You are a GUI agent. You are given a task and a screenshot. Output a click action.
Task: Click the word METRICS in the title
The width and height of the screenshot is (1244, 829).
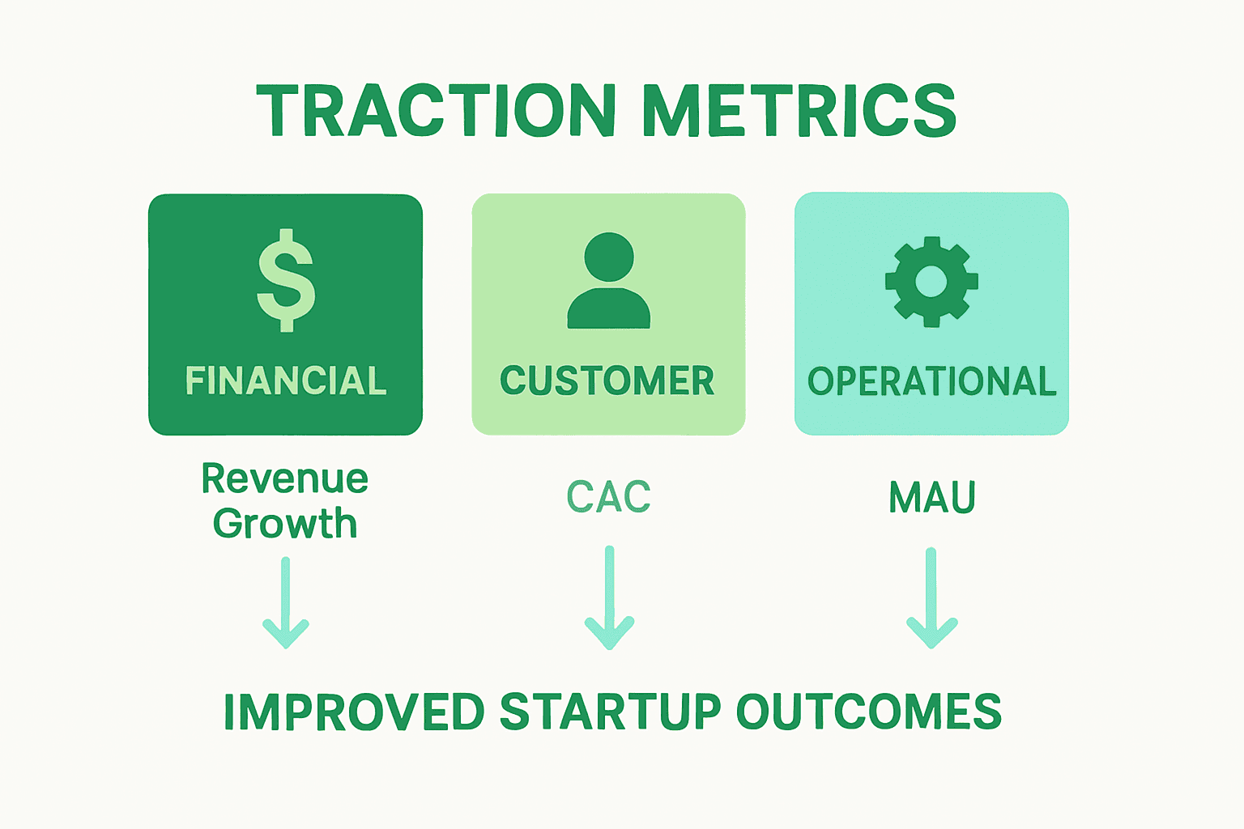(799, 111)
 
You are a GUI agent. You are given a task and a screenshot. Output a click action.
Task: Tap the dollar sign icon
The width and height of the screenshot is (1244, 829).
(285, 281)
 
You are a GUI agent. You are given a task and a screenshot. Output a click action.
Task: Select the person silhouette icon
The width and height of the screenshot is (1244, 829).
(608, 282)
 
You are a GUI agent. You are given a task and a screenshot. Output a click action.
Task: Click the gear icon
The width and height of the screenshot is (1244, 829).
(931, 282)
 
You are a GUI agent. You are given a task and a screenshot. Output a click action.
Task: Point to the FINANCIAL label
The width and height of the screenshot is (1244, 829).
(286, 380)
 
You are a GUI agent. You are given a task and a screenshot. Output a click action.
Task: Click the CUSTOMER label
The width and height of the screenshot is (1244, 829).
(607, 380)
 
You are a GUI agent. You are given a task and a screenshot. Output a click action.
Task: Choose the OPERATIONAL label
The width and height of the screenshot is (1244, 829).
(931, 381)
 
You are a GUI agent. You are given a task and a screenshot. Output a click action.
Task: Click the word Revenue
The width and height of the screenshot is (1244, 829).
(285, 478)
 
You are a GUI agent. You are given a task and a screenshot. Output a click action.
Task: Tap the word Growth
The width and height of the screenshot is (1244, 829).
(285, 524)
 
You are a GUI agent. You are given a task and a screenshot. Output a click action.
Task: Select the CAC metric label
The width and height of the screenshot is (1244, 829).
(608, 497)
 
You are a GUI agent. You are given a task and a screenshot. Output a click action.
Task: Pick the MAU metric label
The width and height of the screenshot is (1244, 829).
(932, 497)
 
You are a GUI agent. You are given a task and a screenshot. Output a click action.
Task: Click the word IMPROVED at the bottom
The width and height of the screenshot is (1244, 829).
(354, 712)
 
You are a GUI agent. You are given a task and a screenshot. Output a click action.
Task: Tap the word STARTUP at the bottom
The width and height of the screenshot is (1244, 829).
(610, 712)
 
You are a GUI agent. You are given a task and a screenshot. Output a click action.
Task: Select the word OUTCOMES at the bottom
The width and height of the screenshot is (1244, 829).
(868, 712)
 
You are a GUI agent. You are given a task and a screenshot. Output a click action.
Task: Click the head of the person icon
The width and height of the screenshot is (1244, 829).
(608, 257)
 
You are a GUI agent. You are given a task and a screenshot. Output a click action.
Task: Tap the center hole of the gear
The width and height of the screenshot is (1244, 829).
(931, 282)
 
